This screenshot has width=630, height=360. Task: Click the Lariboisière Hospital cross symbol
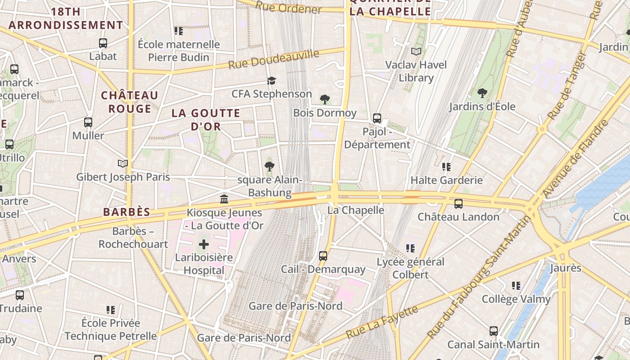(x=204, y=245)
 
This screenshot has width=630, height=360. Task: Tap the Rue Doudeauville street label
(x=274, y=59)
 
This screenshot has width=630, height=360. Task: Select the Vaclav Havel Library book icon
(x=416, y=52)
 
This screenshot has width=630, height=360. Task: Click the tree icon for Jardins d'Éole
(x=482, y=94)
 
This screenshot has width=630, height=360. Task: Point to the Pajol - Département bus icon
(x=377, y=118)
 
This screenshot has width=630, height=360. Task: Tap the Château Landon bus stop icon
(x=459, y=204)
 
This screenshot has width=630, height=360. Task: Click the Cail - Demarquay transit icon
(x=323, y=256)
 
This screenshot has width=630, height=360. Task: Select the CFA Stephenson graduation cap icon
(x=271, y=81)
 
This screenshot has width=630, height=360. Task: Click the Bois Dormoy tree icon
(x=324, y=99)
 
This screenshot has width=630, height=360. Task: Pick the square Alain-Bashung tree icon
(x=269, y=166)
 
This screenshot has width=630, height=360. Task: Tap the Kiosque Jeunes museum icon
(x=224, y=199)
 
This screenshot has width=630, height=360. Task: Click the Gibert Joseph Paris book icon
(x=122, y=163)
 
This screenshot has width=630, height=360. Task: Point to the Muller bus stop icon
(x=88, y=122)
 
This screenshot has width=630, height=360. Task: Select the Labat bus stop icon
(x=103, y=43)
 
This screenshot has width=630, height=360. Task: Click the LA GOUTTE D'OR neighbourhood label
(x=206, y=120)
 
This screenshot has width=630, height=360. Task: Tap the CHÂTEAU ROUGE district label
(x=130, y=102)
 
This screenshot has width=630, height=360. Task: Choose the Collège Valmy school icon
(x=516, y=286)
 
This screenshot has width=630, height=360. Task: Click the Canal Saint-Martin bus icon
(x=494, y=331)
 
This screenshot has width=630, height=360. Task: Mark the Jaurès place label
(x=565, y=268)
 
